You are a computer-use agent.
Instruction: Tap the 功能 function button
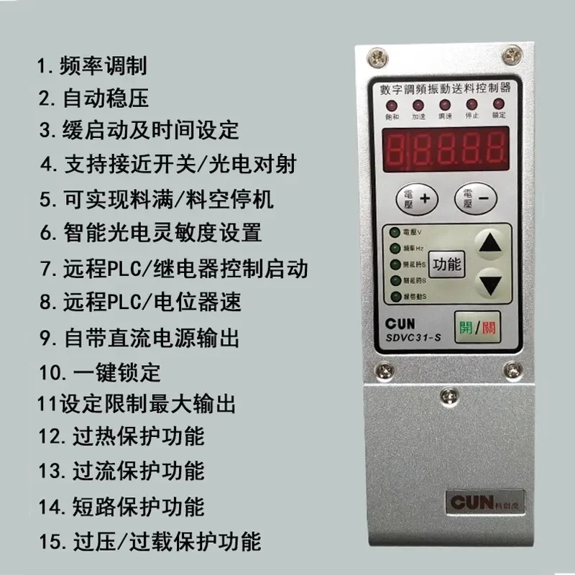click(446, 264)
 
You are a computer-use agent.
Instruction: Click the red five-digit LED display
click(445, 149)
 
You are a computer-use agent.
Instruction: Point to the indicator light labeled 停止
click(472, 103)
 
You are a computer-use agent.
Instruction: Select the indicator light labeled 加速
click(418, 103)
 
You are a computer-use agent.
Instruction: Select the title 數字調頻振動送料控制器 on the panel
click(445, 88)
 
